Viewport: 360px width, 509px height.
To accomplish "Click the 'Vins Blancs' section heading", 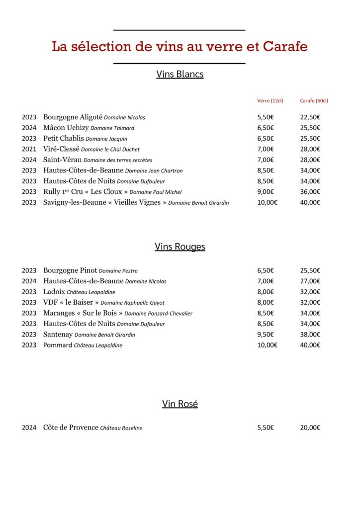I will (180, 75).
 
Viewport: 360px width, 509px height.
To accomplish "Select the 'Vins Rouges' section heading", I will (180, 247).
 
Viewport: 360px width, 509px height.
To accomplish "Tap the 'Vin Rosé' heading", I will (180, 404).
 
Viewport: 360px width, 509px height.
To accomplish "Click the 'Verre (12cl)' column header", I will (270, 100).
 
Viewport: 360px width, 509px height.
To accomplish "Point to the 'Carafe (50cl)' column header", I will (314, 100).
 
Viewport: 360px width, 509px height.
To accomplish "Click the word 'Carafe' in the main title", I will (285, 47).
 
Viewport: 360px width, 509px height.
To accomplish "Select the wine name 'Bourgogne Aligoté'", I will (73, 117).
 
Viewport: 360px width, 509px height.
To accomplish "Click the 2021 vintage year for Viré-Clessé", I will (29, 149).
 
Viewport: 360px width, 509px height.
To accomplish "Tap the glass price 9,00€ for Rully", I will (266, 192).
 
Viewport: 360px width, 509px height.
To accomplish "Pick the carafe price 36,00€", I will (310, 192).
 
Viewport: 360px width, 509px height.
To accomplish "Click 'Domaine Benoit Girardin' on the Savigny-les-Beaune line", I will (198, 203).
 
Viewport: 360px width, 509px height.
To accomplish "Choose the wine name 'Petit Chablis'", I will (64, 139).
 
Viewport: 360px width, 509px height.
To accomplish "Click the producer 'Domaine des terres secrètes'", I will (118, 160).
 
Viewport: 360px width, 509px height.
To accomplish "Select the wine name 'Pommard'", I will (58, 345).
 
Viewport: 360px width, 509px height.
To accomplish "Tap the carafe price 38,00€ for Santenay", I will (310, 335).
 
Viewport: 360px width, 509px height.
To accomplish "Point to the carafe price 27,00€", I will (310, 281).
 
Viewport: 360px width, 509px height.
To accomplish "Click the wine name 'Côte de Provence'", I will (71, 427).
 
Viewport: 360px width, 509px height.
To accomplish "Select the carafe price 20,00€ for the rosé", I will (310, 427).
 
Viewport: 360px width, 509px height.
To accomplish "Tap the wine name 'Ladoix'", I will (54, 292).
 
